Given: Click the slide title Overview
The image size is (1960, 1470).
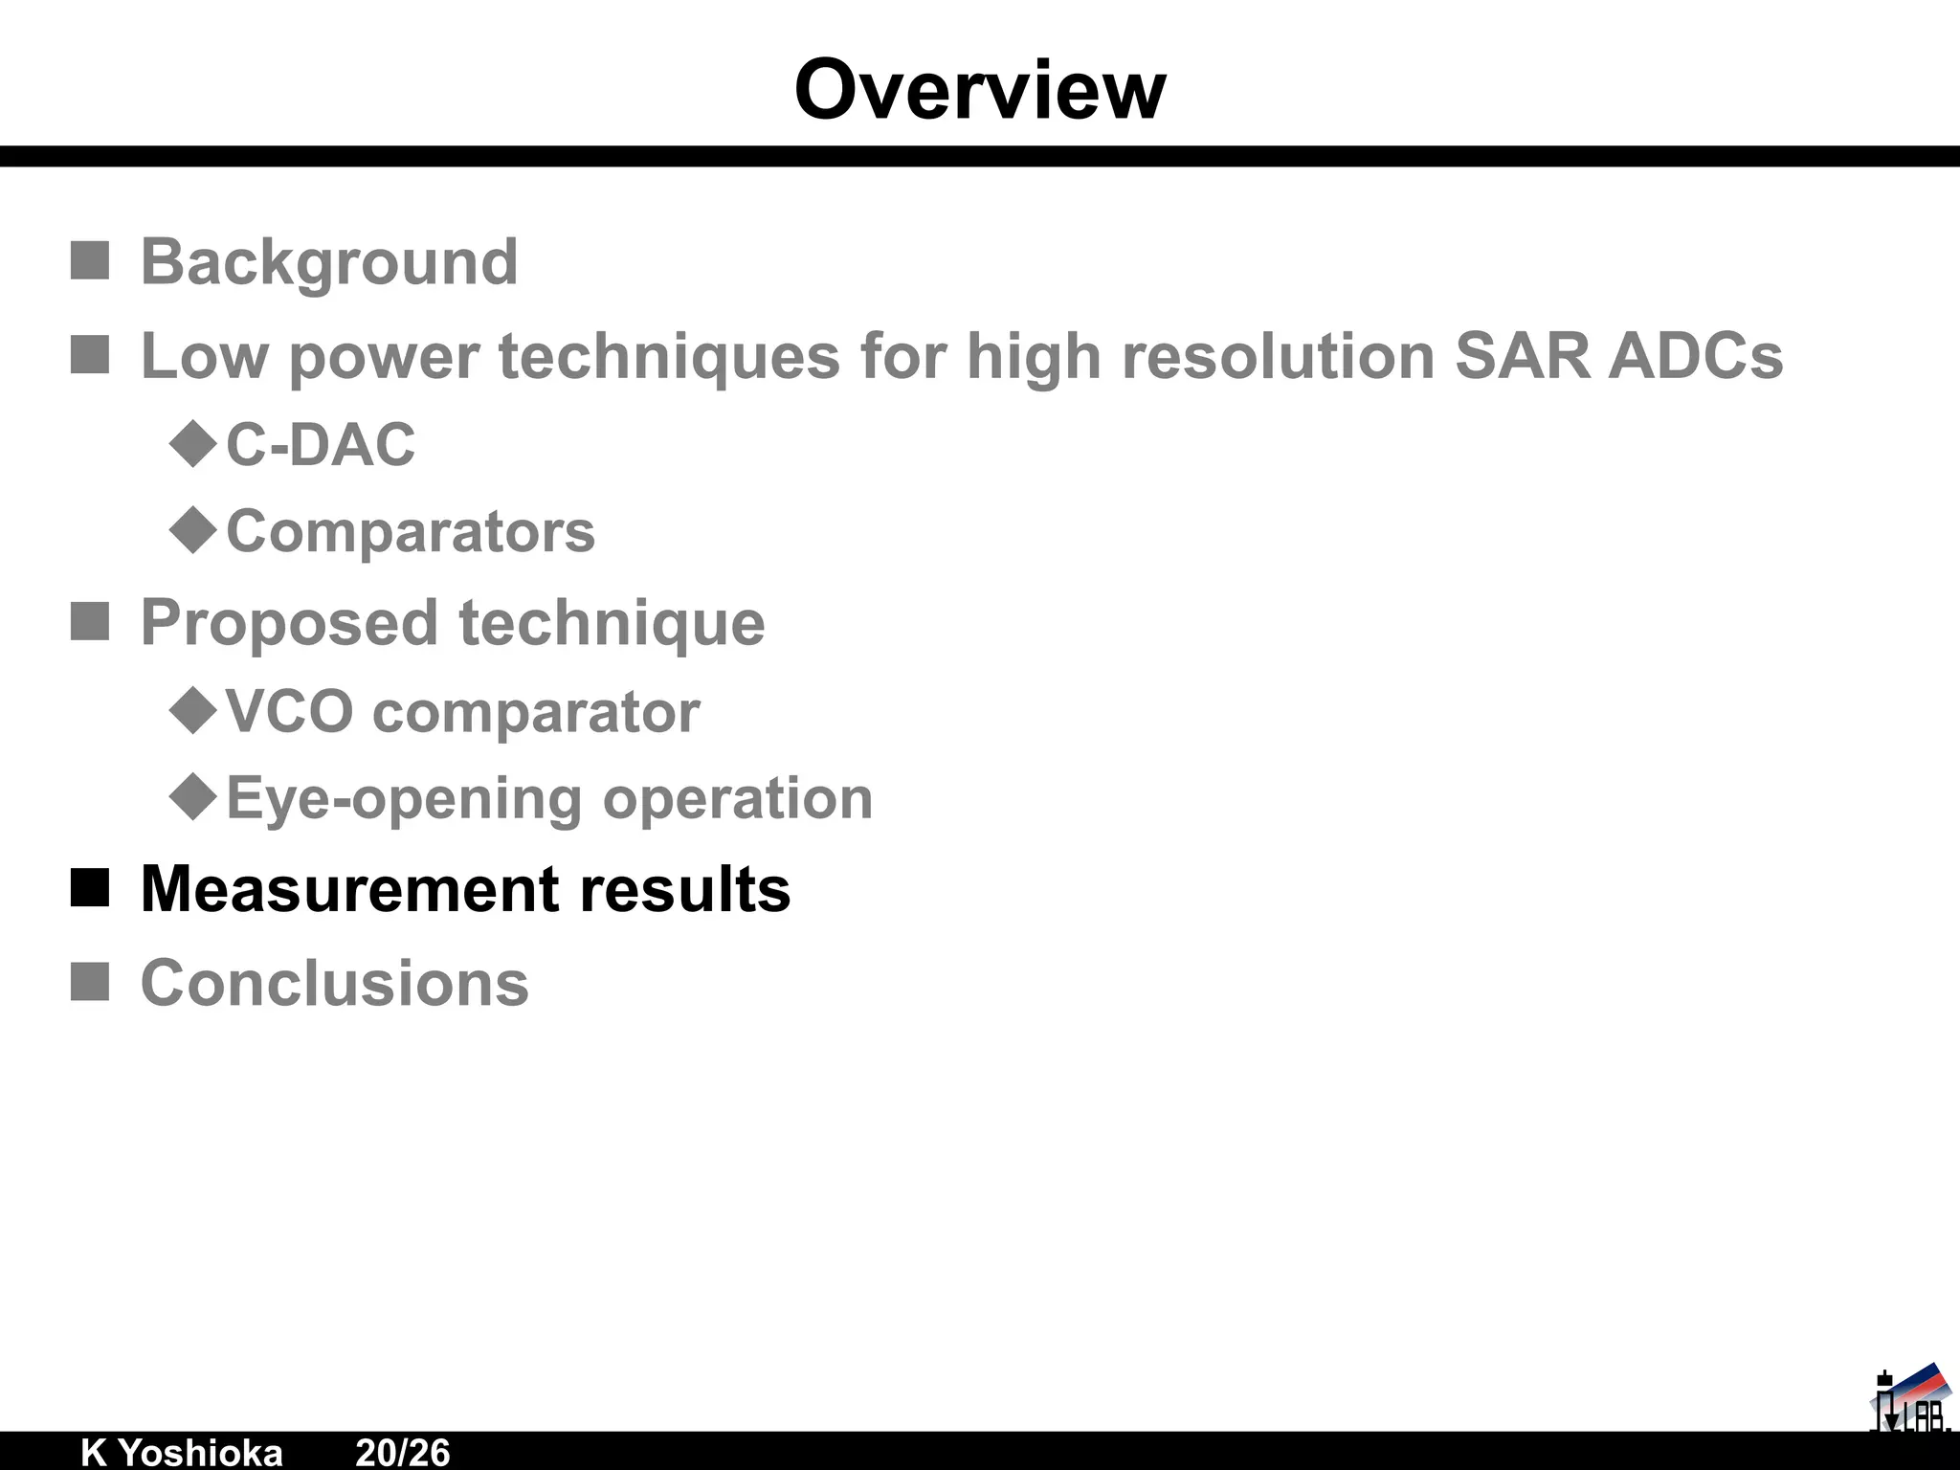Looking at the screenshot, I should (980, 90).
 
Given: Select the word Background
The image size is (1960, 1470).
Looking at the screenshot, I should (329, 261).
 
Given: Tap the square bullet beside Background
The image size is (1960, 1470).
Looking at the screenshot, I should (90, 260).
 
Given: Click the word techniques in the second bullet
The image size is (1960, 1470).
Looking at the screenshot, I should (669, 356).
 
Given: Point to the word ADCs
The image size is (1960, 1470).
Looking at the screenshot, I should (1696, 356).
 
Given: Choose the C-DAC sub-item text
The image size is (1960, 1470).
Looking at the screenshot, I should (321, 445).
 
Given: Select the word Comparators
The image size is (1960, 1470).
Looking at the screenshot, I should (411, 531).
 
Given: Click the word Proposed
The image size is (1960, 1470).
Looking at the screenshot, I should (289, 623).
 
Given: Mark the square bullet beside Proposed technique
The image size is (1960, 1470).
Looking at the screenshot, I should (90, 622).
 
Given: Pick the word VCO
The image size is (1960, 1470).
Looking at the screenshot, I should (289, 712).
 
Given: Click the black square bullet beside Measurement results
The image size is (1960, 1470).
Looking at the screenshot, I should (90, 888).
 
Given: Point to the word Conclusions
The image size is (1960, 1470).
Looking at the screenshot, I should (334, 983).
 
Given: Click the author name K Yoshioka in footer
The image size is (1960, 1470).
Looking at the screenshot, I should (182, 1452).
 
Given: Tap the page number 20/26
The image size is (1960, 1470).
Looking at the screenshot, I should (402, 1452).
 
